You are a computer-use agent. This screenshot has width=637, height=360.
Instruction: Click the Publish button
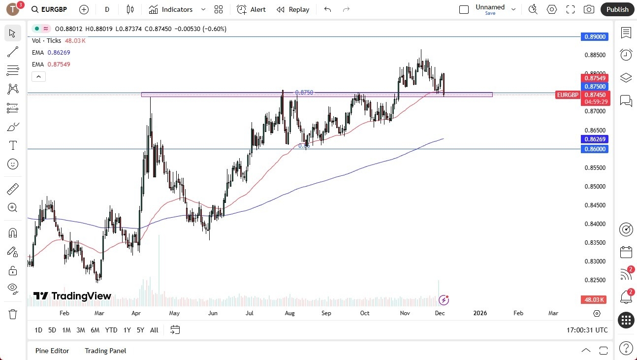(617, 9)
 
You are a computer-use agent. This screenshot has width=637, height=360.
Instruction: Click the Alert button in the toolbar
(251, 9)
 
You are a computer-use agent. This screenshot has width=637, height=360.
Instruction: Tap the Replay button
(293, 9)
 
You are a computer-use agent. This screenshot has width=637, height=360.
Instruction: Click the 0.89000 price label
(595, 36)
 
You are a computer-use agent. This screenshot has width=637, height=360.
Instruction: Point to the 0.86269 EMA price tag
(595, 139)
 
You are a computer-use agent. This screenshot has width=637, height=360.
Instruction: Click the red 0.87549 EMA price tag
(595, 78)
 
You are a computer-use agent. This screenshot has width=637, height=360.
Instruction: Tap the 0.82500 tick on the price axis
(595, 280)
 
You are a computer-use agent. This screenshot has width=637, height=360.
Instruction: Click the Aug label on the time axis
(289, 313)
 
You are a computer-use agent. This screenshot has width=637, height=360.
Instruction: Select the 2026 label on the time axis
(479, 313)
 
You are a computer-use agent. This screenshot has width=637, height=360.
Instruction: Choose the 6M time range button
(95, 330)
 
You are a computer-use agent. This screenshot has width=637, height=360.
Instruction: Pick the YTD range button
(111, 330)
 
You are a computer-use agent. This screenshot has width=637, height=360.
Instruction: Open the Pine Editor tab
(52, 351)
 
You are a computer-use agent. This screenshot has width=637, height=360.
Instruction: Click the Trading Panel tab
(105, 351)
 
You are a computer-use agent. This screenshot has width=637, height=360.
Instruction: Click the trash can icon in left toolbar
(13, 314)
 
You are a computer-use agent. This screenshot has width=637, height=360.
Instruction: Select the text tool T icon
(13, 145)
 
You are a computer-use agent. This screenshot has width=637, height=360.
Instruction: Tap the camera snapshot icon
(588, 9)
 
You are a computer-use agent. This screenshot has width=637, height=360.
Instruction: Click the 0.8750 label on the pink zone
(304, 93)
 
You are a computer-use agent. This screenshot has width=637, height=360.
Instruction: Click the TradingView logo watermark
(72, 296)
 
